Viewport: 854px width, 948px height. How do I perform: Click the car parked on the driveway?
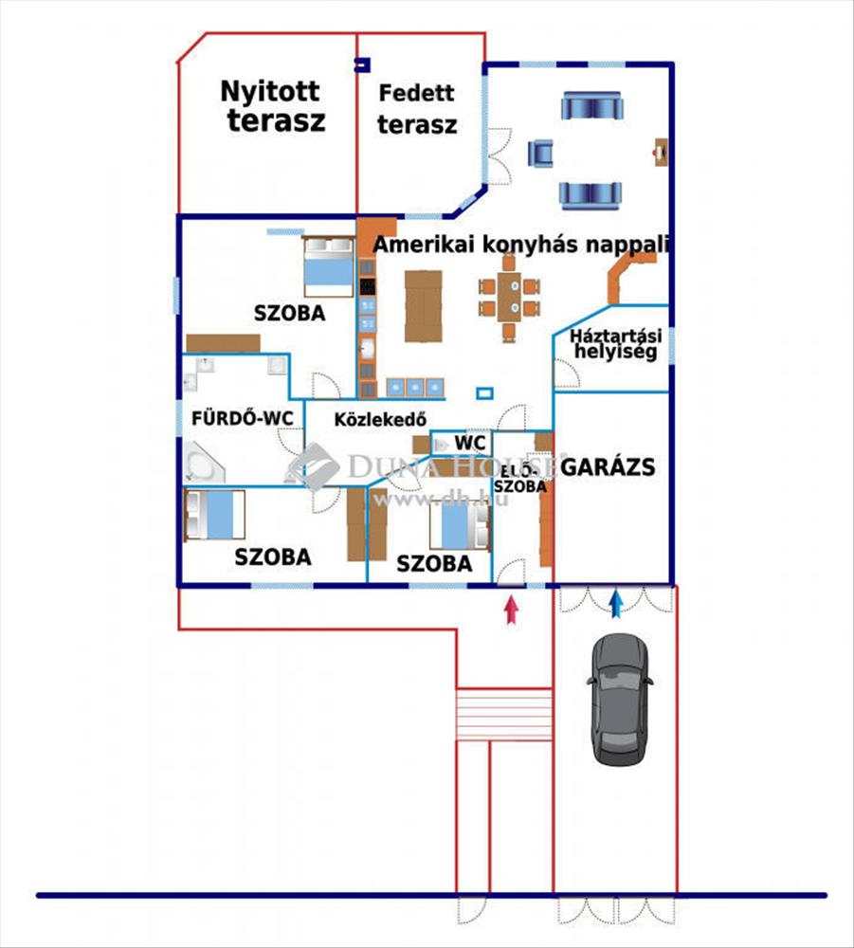(x=619, y=699)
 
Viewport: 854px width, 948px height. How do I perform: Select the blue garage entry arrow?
(x=617, y=604)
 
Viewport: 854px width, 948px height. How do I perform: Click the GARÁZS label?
(x=608, y=466)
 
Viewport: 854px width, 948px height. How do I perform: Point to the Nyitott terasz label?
(x=272, y=106)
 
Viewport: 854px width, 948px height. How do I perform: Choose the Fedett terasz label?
(x=417, y=108)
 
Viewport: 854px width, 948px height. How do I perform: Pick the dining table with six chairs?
(x=510, y=297)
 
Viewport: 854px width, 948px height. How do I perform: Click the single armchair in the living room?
(x=540, y=152)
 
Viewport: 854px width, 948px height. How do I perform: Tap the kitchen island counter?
(x=423, y=306)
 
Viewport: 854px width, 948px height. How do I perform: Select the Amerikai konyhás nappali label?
(x=521, y=244)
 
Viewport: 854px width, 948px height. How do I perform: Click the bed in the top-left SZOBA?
(x=328, y=267)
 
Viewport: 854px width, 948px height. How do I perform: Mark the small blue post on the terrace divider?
(x=360, y=64)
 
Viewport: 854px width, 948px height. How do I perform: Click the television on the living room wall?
(x=661, y=151)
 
